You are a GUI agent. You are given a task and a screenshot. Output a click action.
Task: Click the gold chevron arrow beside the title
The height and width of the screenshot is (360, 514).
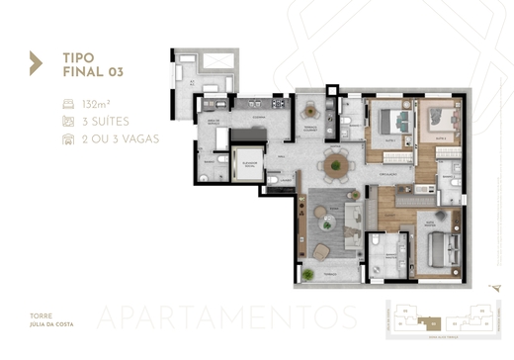point(36,63)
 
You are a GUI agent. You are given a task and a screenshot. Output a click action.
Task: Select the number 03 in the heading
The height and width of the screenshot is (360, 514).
point(111,70)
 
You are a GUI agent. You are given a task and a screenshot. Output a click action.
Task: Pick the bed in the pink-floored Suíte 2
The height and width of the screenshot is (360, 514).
point(437,123)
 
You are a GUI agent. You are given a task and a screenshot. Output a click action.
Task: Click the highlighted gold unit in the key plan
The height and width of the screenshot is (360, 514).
point(432,321)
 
